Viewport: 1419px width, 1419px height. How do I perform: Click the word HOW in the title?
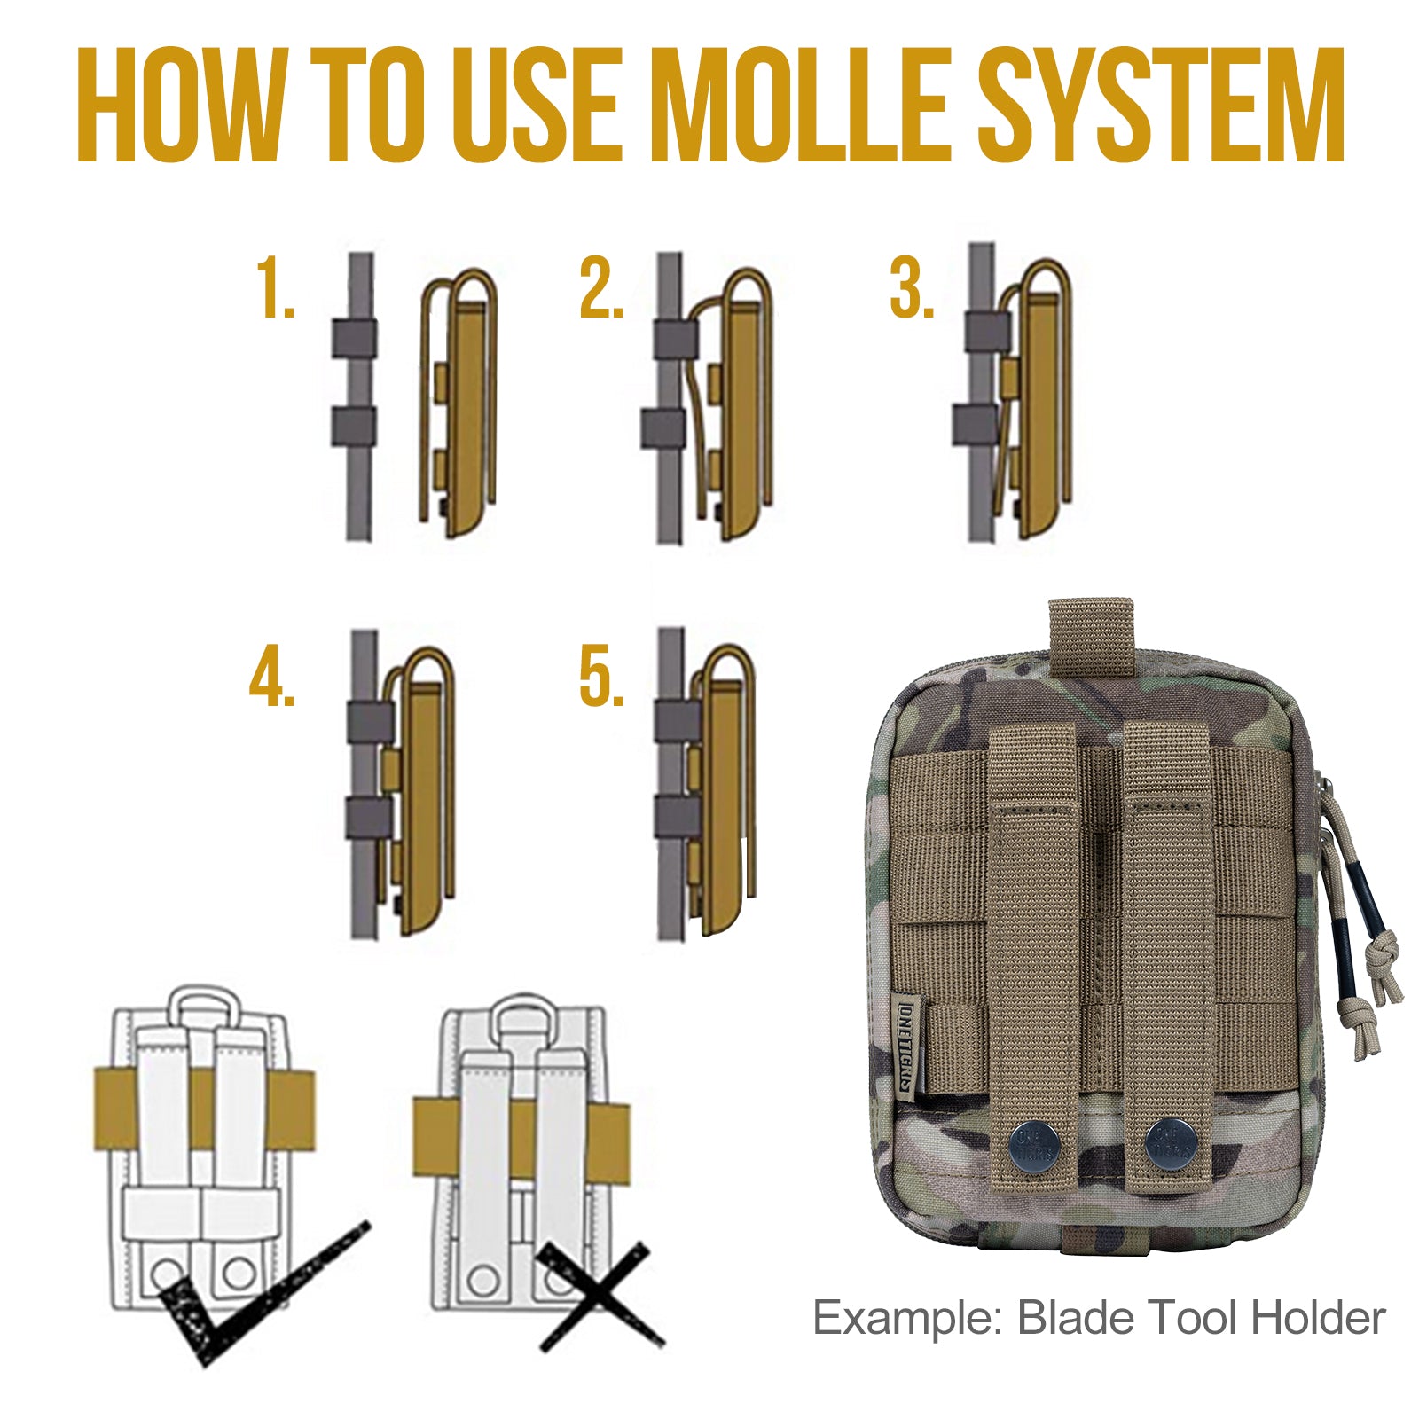(182, 105)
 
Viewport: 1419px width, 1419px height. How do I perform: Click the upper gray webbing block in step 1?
(354, 339)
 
